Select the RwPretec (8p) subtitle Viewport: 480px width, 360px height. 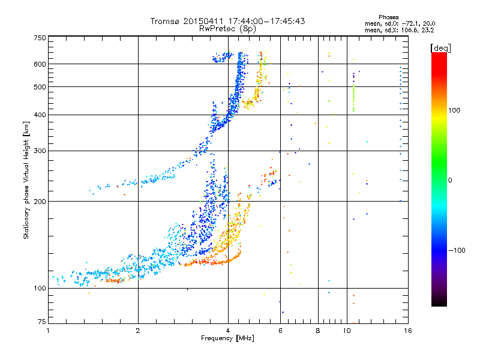(x=227, y=29)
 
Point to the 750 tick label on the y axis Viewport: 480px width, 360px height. (x=40, y=38)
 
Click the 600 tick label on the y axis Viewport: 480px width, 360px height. (x=40, y=64)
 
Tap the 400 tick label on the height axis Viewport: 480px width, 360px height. (x=40, y=115)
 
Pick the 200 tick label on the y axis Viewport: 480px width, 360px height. (x=40, y=202)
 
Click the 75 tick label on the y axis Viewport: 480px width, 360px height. (x=42, y=322)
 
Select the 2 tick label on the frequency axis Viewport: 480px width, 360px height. (x=138, y=331)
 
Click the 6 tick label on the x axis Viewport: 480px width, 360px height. (x=280, y=331)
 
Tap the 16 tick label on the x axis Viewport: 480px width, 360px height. (x=408, y=331)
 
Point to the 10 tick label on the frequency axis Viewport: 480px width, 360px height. (x=347, y=331)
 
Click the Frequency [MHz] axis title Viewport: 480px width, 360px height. (x=227, y=338)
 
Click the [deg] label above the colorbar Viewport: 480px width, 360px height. (x=440, y=48)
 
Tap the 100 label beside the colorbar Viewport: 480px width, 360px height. (x=454, y=110)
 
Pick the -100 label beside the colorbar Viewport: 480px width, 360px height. (x=457, y=250)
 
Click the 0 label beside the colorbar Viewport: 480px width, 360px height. (x=450, y=181)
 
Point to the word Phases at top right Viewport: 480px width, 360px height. (x=388, y=17)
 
